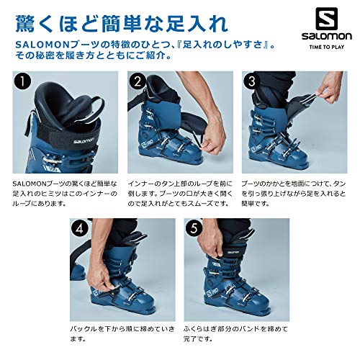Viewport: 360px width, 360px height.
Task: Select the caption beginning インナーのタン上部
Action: coord(176,193)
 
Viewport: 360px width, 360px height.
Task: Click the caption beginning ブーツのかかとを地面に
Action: coord(293,193)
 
